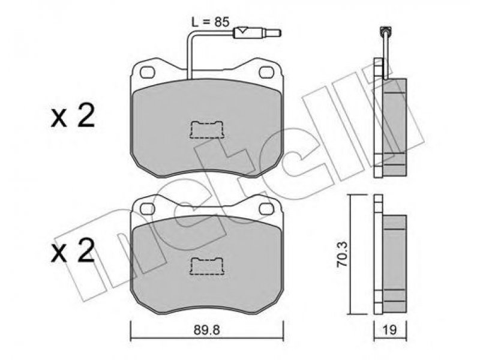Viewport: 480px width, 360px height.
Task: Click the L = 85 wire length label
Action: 211,22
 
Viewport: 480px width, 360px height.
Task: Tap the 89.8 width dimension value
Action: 207,330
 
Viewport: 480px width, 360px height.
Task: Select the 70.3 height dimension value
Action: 343,254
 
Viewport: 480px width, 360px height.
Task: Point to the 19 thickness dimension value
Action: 390,330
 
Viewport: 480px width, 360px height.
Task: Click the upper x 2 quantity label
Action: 73,116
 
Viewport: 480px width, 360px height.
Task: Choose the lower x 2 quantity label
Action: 73,252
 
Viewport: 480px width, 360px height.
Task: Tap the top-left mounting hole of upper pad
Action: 147,72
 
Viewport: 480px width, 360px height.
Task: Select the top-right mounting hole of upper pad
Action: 266,72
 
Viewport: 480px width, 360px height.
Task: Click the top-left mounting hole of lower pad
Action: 147,209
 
